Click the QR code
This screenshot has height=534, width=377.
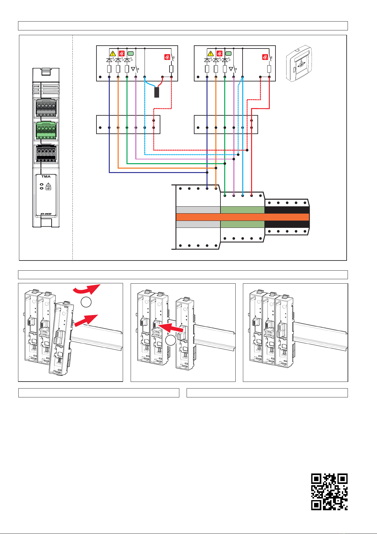329,492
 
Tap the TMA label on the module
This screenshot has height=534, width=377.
46,177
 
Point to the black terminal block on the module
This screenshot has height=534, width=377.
46,154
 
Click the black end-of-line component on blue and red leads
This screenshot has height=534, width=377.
157,93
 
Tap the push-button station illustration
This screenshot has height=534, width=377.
299,63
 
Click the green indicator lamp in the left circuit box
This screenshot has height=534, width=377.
131,53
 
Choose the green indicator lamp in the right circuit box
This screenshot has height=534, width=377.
228,53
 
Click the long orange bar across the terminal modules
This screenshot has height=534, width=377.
242,217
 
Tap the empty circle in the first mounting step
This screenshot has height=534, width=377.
86,302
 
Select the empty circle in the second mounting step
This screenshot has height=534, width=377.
170,341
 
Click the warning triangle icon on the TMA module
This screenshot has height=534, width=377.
48,184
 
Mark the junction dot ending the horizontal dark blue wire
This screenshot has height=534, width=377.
207,172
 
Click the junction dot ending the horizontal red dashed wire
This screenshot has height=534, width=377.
247,150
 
